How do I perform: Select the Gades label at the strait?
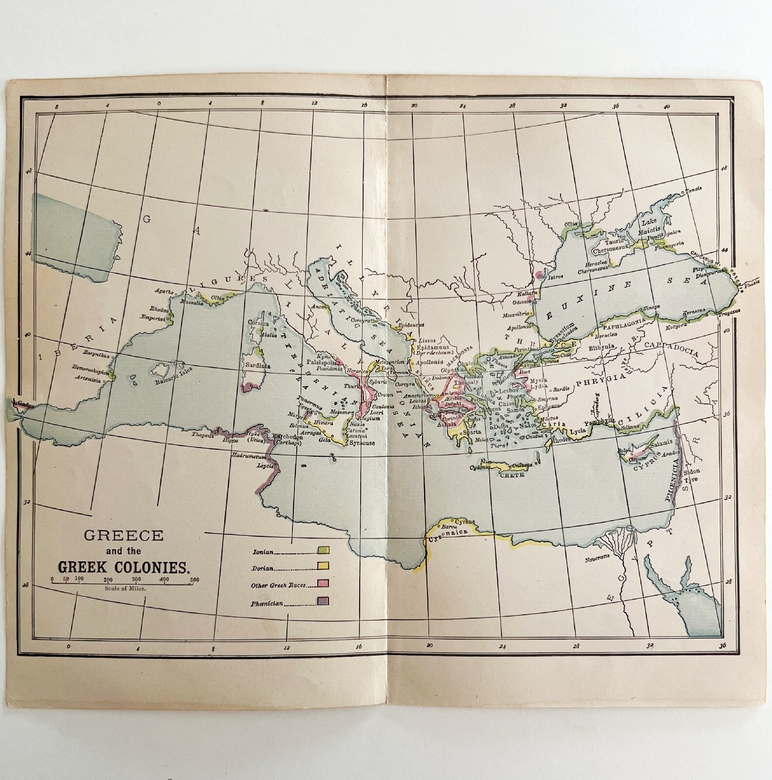point(25,405)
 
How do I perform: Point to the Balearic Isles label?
point(174,375)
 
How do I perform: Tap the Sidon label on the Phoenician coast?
point(694,472)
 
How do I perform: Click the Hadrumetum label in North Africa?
point(249,456)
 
